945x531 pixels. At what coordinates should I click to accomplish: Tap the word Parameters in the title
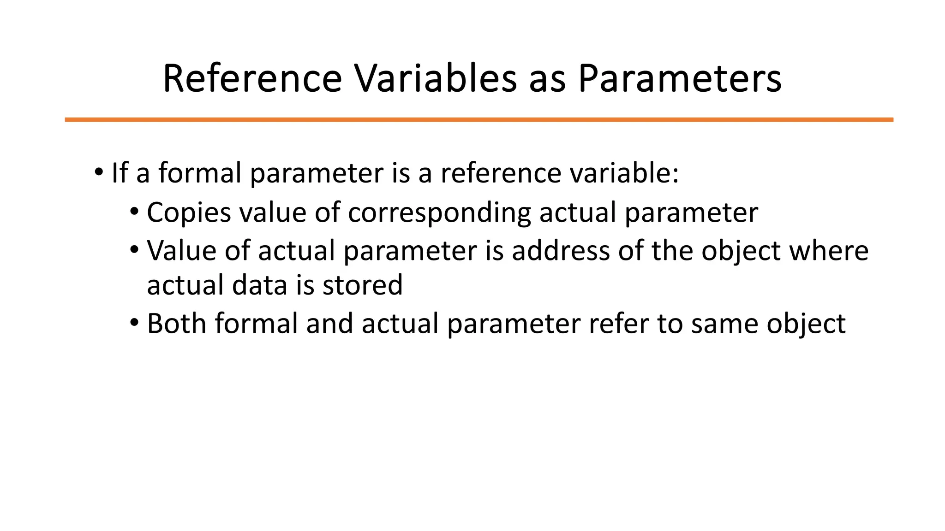pyautogui.click(x=680, y=78)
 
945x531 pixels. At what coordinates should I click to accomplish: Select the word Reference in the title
pyautogui.click(x=252, y=78)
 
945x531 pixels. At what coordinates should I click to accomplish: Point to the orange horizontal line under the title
pyautogui.click(x=479, y=120)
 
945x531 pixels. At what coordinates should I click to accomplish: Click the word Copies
pyautogui.click(x=189, y=213)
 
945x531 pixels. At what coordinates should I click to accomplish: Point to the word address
pyautogui.click(x=561, y=251)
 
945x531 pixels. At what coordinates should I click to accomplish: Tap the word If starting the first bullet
pyautogui.click(x=120, y=173)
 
